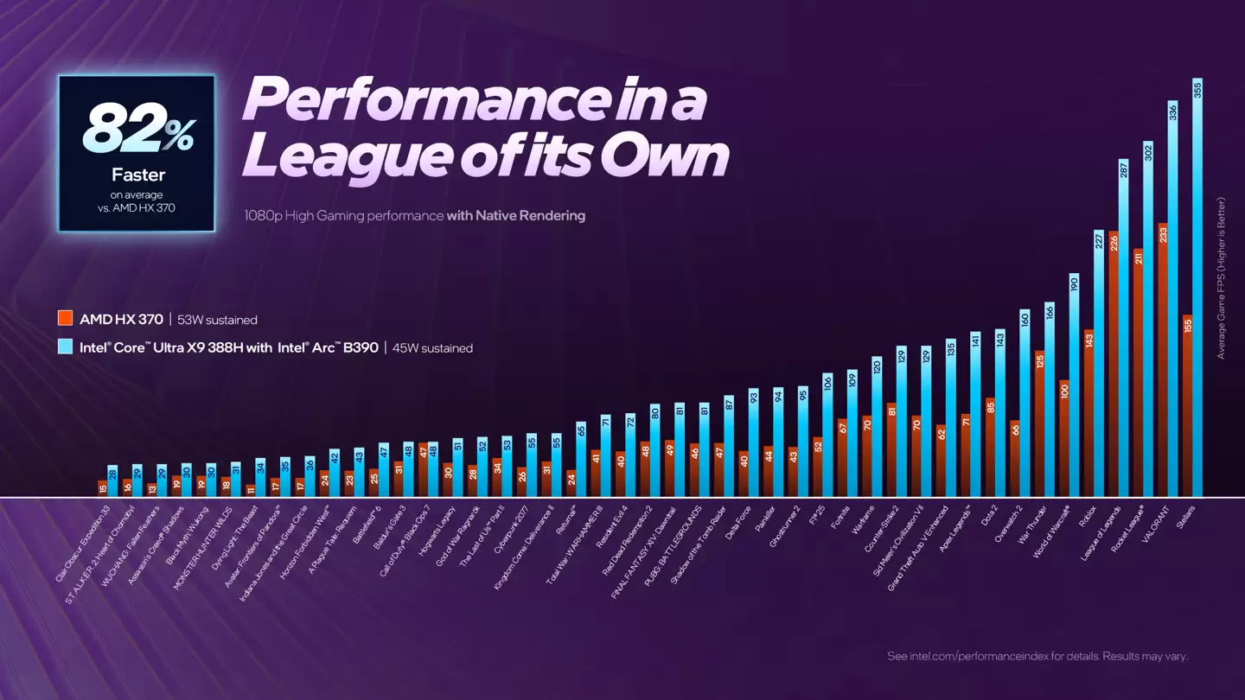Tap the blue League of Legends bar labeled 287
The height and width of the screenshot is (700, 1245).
point(1123,328)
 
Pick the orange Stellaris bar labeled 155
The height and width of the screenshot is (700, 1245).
point(1188,406)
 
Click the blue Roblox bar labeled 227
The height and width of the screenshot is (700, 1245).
point(1098,363)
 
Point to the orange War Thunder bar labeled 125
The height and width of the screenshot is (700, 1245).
point(1040,423)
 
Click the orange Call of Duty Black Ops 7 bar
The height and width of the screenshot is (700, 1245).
point(424,470)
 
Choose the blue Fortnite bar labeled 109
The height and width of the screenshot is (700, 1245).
point(852,433)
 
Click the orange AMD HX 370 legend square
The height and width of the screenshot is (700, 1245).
point(65,319)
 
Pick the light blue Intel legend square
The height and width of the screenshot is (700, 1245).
point(65,347)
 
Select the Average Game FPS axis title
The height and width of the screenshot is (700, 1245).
point(1222,277)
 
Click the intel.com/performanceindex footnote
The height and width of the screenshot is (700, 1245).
point(1037,656)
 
